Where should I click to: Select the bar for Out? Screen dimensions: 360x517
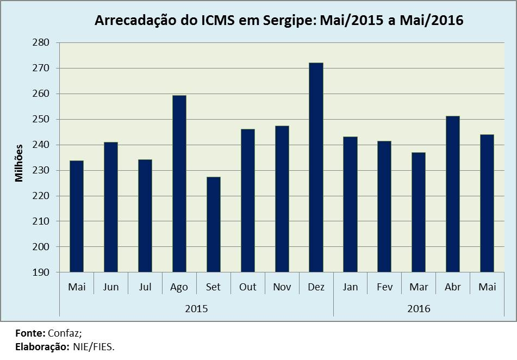pyautogui.click(x=247, y=201)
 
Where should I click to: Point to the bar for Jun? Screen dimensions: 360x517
pyautogui.click(x=111, y=207)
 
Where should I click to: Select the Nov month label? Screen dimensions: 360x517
pyautogui.click(x=282, y=287)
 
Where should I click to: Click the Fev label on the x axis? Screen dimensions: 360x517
pyautogui.click(x=384, y=287)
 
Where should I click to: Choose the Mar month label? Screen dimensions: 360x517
pyautogui.click(x=419, y=287)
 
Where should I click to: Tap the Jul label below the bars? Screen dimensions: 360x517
pyautogui.click(x=145, y=287)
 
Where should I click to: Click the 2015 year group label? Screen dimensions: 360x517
pyautogui.click(x=196, y=308)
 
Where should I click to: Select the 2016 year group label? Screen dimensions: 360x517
pyautogui.click(x=419, y=308)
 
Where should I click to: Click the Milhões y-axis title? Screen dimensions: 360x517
pyautogui.click(x=20, y=162)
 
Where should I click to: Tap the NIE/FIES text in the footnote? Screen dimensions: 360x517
pyautogui.click(x=93, y=346)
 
